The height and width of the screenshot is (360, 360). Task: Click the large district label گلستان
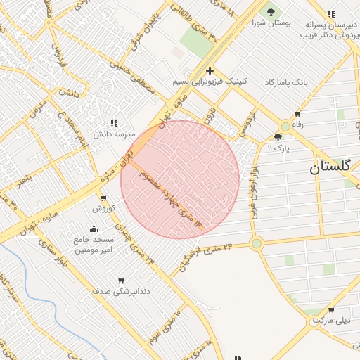coord(334,168)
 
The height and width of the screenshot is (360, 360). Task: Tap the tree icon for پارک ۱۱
coord(279,137)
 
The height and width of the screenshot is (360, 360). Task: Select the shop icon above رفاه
coord(297,114)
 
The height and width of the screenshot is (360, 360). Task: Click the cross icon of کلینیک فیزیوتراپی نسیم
coord(210,70)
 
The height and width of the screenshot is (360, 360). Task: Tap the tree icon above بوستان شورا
coord(270,12)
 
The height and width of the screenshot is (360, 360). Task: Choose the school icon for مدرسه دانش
coord(113,123)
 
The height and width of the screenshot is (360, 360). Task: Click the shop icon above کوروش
coord(103,198)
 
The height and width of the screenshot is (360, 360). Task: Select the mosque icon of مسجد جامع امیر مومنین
coord(94,229)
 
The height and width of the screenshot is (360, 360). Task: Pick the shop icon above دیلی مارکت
coord(331,310)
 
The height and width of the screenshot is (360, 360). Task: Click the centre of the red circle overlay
coord(180,180)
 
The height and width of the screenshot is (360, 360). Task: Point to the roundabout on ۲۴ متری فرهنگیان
coord(256,244)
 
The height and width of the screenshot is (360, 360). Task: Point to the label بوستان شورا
coord(270,22)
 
